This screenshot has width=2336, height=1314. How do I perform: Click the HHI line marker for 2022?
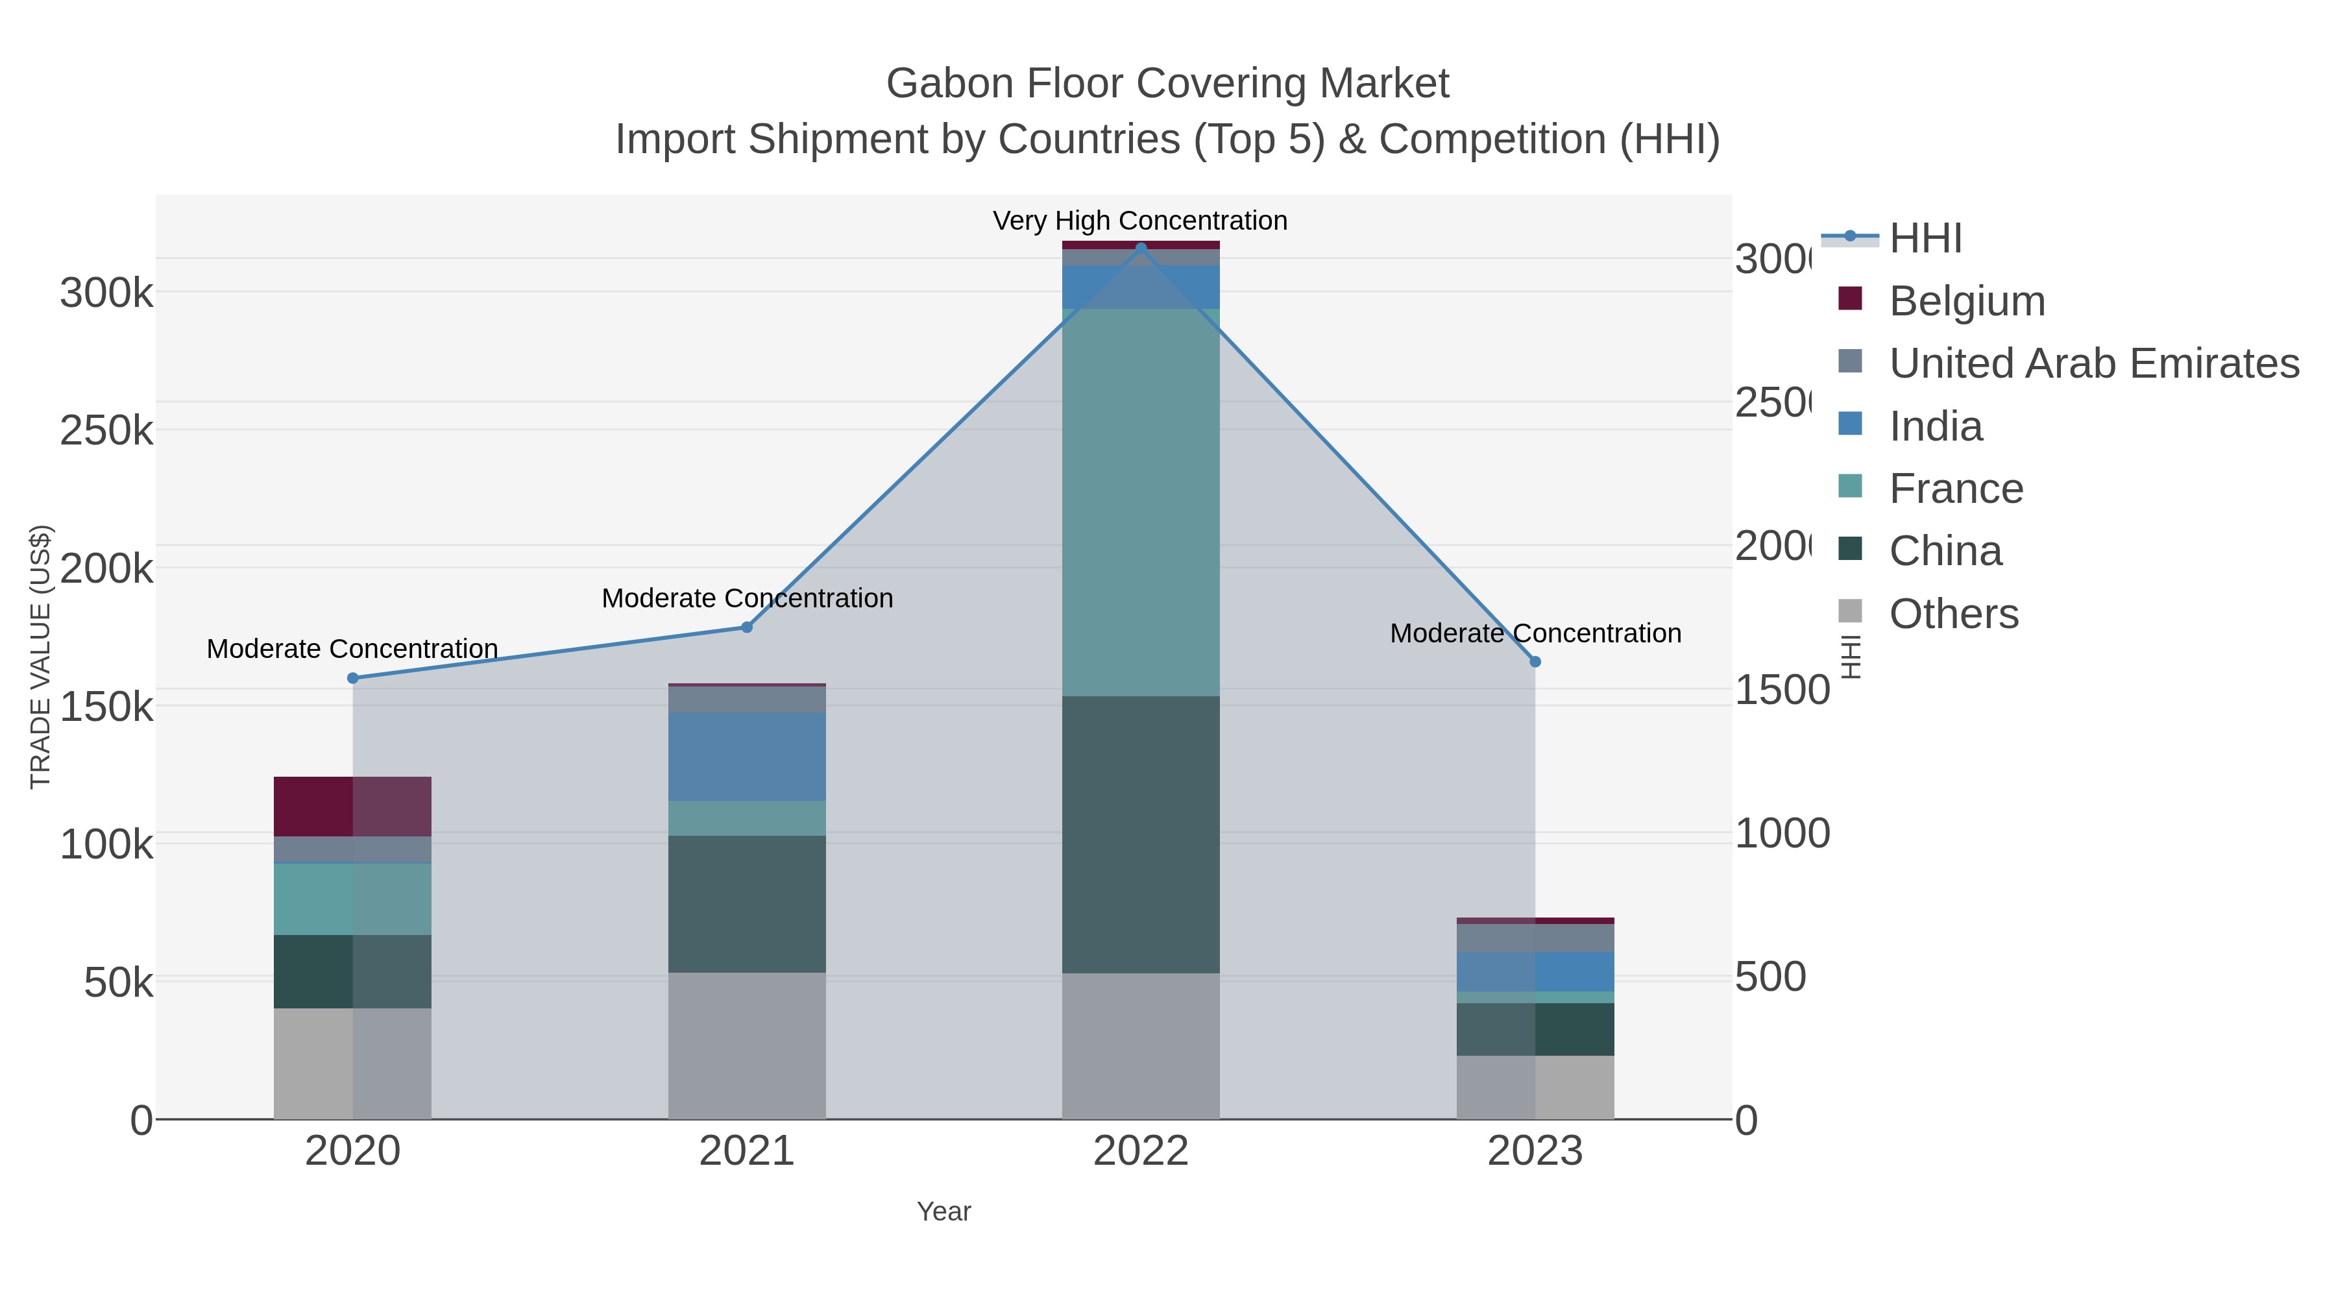point(1141,248)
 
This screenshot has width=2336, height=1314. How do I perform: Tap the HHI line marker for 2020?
point(353,678)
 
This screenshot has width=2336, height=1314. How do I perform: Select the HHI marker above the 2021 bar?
point(748,627)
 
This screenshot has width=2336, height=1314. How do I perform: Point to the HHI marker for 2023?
point(1535,662)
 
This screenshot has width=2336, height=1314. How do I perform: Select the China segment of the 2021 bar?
point(748,904)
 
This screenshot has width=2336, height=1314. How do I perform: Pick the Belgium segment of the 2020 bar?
point(353,806)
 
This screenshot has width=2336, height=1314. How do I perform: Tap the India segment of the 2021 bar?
point(748,757)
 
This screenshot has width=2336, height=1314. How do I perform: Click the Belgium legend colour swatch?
point(1850,298)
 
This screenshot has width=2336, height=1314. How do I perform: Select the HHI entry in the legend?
point(1925,239)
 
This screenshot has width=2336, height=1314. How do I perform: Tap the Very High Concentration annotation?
point(1140,221)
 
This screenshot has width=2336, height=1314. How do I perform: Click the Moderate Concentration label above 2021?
point(748,598)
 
